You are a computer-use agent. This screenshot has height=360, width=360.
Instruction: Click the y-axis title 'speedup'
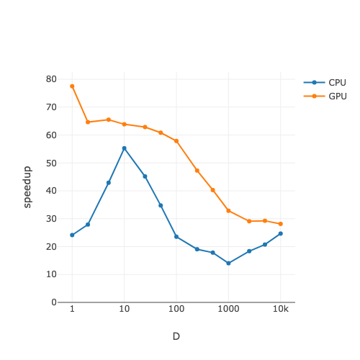[27, 187]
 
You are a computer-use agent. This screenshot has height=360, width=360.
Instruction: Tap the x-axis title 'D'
[176, 336]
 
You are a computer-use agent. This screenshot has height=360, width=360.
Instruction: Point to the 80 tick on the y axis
[51, 78]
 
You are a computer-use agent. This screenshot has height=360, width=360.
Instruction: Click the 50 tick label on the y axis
[51, 163]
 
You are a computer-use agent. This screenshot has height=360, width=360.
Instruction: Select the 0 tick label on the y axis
[54, 302]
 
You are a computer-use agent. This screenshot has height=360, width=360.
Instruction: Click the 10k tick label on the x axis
[281, 309]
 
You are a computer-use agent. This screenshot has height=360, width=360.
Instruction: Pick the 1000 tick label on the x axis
[228, 309]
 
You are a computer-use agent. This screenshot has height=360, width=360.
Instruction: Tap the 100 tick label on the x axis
[176, 309]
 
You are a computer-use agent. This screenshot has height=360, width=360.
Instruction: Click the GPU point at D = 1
[72, 86]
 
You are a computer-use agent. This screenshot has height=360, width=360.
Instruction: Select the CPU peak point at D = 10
[124, 148]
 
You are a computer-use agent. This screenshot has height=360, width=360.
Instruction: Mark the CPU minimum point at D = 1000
[228, 264]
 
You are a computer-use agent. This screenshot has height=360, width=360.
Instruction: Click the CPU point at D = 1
[72, 235]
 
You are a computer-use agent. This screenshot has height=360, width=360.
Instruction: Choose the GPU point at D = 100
[176, 141]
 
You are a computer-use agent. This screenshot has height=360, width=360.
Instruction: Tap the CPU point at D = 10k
[281, 233]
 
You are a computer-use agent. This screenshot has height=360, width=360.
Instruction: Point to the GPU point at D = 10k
[281, 224]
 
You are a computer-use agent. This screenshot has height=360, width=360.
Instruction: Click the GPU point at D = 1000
[228, 211]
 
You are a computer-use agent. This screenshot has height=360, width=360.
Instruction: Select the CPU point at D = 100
[176, 237]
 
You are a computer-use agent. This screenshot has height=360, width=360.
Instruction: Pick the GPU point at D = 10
[124, 124]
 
